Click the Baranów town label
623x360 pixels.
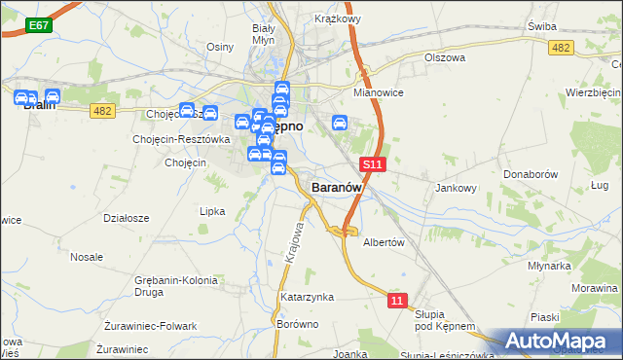coord(337,186)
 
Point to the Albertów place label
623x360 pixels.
coord(383,242)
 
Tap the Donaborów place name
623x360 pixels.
coord(530,173)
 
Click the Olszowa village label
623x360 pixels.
coord(446,57)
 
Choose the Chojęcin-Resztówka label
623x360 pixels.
coord(181,139)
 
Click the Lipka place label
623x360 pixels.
coord(212,210)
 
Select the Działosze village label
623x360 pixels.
coord(126,218)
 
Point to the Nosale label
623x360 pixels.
coord(87,257)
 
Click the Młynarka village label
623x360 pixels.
coord(548,265)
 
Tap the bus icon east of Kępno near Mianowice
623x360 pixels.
coord(340,123)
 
